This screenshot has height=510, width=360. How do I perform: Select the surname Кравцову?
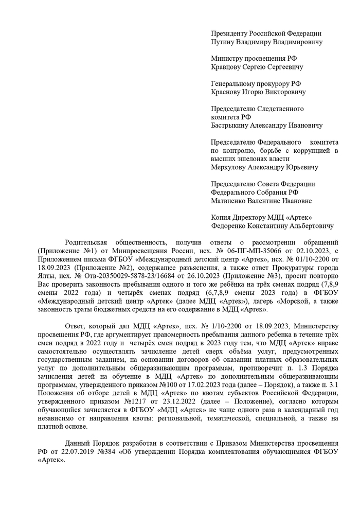pyautogui.click(x=229, y=67)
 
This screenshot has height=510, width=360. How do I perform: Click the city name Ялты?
pyautogui.click(x=46, y=276)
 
